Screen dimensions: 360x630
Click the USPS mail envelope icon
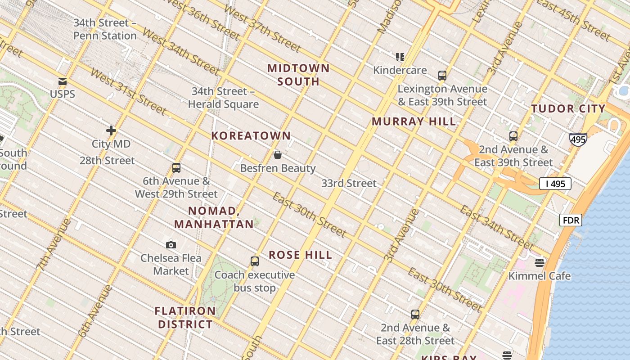tap(63, 81)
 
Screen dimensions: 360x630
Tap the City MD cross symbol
tap(111, 130)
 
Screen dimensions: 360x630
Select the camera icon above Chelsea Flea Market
tap(171, 245)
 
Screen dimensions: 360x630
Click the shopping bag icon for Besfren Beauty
tap(278, 155)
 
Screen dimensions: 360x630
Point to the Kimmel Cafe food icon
tap(540, 262)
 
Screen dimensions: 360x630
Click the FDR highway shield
tap(571, 220)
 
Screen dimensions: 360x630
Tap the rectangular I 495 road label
tap(555, 183)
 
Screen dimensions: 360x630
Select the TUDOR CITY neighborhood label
tap(568, 108)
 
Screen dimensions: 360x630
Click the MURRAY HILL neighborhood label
tap(414, 121)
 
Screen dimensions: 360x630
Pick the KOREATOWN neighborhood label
tap(251, 135)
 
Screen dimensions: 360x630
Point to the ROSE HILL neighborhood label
tap(301, 255)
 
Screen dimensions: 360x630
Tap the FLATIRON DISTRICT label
tap(185, 318)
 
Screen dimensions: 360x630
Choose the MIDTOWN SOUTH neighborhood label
tap(299, 75)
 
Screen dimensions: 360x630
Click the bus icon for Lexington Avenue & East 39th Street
tap(442, 75)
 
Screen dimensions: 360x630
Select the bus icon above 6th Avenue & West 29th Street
tap(176, 168)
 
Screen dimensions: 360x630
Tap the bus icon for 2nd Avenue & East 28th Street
tap(415, 314)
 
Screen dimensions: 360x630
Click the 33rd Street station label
tap(349, 183)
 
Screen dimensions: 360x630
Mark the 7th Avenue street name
tap(53, 245)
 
